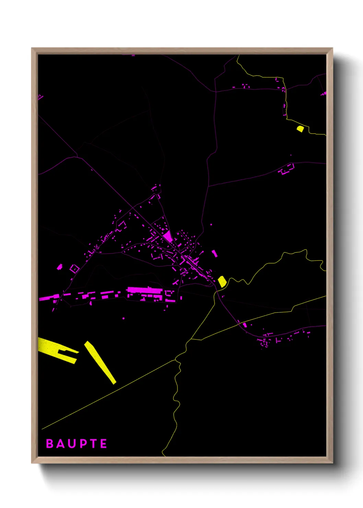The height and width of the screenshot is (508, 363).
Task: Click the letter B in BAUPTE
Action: click(50, 443)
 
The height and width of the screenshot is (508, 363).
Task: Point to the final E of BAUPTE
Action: click(103, 443)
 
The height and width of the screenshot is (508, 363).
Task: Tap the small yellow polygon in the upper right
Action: click(300, 129)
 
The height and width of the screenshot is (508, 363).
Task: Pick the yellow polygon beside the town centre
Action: click(222, 281)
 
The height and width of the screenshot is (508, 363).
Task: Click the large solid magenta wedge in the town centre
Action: click(168, 236)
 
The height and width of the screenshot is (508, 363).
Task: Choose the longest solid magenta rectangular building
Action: click(144, 290)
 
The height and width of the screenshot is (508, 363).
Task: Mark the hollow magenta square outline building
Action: click(74, 268)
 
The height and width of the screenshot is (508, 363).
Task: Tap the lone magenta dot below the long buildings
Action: click(124, 318)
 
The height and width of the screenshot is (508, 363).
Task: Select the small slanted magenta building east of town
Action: click(214, 253)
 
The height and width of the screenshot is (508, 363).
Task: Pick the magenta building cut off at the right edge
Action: click(324, 93)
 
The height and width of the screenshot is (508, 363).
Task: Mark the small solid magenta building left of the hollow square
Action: click(59, 267)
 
